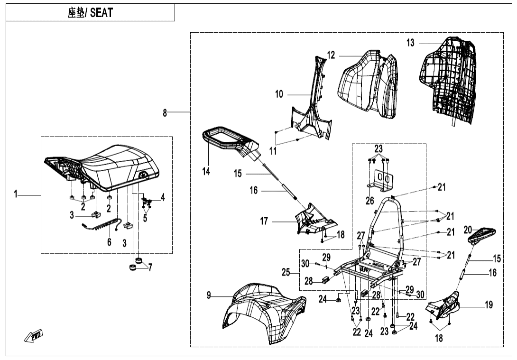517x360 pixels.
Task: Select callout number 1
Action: click(16, 194)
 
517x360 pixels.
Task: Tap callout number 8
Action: click(165, 113)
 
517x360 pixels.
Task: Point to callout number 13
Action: click(410, 43)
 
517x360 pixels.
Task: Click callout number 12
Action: click(331, 55)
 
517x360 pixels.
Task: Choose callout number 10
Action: click(279, 94)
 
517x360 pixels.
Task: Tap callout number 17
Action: click(264, 221)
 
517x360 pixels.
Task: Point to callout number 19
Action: click(489, 305)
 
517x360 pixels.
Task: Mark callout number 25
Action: click(286, 272)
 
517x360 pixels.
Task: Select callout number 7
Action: click(150, 268)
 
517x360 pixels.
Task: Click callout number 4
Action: click(163, 197)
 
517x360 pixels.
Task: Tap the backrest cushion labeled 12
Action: click(365, 85)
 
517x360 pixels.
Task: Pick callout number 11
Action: click(273, 151)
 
